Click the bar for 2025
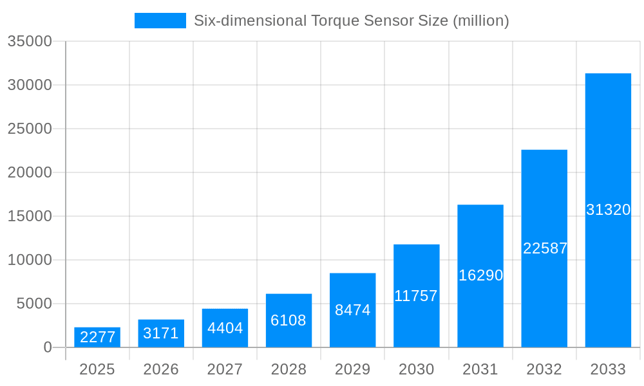click(x=97, y=337)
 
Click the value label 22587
click(x=545, y=248)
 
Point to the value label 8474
click(x=353, y=310)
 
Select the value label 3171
click(x=161, y=333)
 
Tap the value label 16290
click(x=480, y=275)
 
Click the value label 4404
click(x=225, y=328)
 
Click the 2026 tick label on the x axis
click(x=161, y=369)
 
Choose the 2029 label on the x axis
click(x=353, y=369)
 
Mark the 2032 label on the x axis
click(x=544, y=369)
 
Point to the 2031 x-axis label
click(x=480, y=369)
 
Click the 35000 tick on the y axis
click(x=29, y=41)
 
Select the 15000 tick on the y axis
click(x=29, y=216)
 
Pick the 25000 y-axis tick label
click(x=29, y=129)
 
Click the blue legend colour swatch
click(x=160, y=21)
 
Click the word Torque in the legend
click(x=334, y=21)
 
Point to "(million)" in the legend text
click(x=480, y=21)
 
